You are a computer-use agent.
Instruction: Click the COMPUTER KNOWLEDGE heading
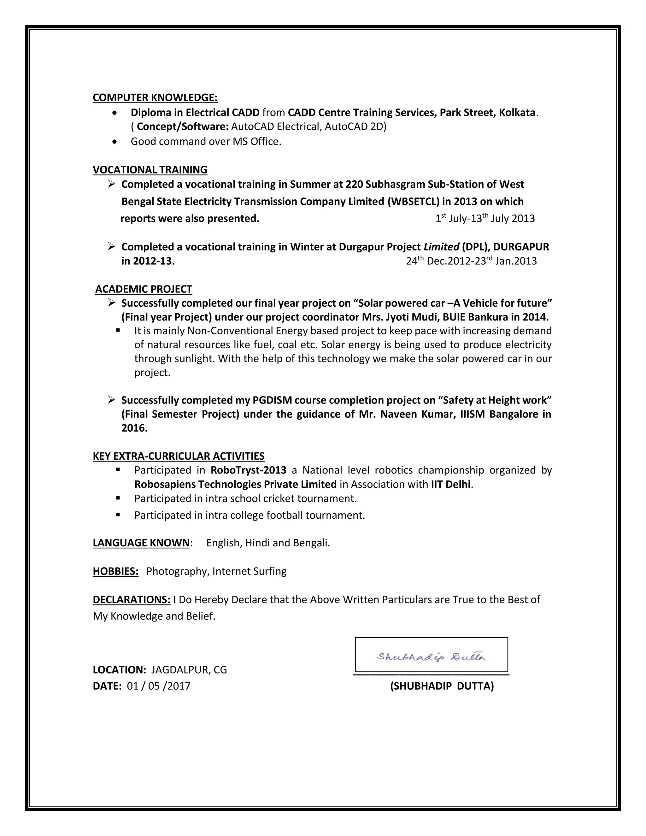tap(155, 97)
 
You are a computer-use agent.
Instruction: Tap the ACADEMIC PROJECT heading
tap(144, 289)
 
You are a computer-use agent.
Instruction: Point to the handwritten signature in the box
tap(431, 657)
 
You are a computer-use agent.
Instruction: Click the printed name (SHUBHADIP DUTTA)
tap(442, 686)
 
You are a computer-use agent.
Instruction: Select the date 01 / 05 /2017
tap(158, 686)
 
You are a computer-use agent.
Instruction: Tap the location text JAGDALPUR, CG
tap(189, 669)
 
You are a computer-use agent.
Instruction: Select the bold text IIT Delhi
tap(450, 484)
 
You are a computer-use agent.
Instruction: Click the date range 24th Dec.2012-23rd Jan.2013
tap(471, 261)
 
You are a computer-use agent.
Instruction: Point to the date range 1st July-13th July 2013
tap(485, 219)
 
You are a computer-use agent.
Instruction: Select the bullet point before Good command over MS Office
tap(115, 142)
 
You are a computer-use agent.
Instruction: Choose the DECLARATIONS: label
tap(131, 599)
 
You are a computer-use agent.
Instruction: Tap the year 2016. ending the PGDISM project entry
tap(134, 428)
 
